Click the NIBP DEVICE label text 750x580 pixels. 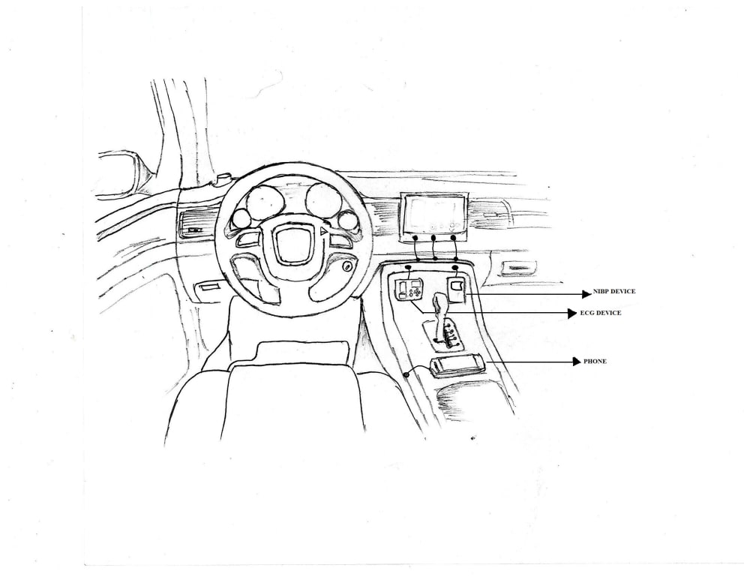pyautogui.click(x=614, y=290)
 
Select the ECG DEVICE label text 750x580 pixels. pyautogui.click(x=600, y=313)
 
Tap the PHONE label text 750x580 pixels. pyautogui.click(x=595, y=362)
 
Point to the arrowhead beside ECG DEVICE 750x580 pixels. pyautogui.click(x=572, y=313)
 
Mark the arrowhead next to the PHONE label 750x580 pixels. pyautogui.click(x=577, y=362)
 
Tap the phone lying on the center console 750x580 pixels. pyautogui.click(x=456, y=365)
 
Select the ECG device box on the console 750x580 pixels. pyautogui.click(x=409, y=289)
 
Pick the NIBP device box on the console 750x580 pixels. pyautogui.click(x=457, y=288)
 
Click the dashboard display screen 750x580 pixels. pyautogui.click(x=433, y=212)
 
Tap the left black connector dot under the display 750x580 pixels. pyautogui.click(x=415, y=239)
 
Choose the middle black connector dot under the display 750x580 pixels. pyautogui.click(x=434, y=239)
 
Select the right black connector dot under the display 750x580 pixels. pyautogui.click(x=454, y=239)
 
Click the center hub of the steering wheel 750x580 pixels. pyautogui.click(x=291, y=241)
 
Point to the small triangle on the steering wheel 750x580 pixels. pyautogui.click(x=324, y=232)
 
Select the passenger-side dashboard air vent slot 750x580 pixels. pyautogui.click(x=518, y=267)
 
